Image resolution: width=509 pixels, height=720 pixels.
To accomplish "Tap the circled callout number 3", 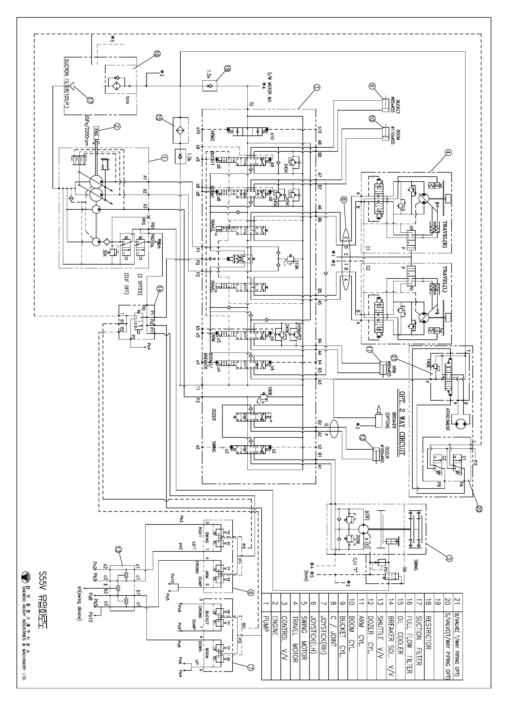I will (317, 88).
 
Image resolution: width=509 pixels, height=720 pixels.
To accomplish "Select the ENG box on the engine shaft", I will (96, 131).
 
